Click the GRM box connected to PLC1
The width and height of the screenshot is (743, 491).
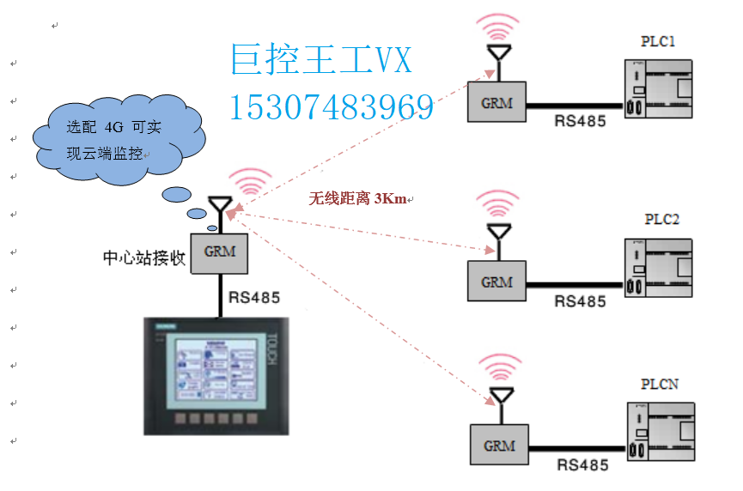496,103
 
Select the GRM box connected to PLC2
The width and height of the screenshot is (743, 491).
496,282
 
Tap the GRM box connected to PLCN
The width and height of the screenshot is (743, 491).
499,446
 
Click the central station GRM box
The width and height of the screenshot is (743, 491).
219,253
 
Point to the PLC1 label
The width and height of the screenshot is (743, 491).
659,41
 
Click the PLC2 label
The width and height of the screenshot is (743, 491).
661,220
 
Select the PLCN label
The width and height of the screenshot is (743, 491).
660,384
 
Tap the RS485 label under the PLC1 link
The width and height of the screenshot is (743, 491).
580,122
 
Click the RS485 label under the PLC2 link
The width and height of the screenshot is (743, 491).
580,301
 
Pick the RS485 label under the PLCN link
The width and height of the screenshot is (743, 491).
582,465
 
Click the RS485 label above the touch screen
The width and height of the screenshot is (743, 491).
254,299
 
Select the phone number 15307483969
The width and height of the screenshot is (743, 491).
332,107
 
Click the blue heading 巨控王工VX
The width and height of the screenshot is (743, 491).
322,61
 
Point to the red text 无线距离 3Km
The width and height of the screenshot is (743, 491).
358,198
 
